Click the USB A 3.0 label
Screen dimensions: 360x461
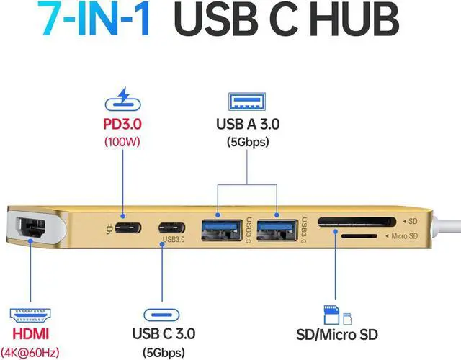[x=248, y=123]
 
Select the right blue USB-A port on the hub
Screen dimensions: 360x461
[x=274, y=228]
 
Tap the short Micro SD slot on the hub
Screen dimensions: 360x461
[x=358, y=235]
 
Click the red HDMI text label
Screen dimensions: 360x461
[x=31, y=336]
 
